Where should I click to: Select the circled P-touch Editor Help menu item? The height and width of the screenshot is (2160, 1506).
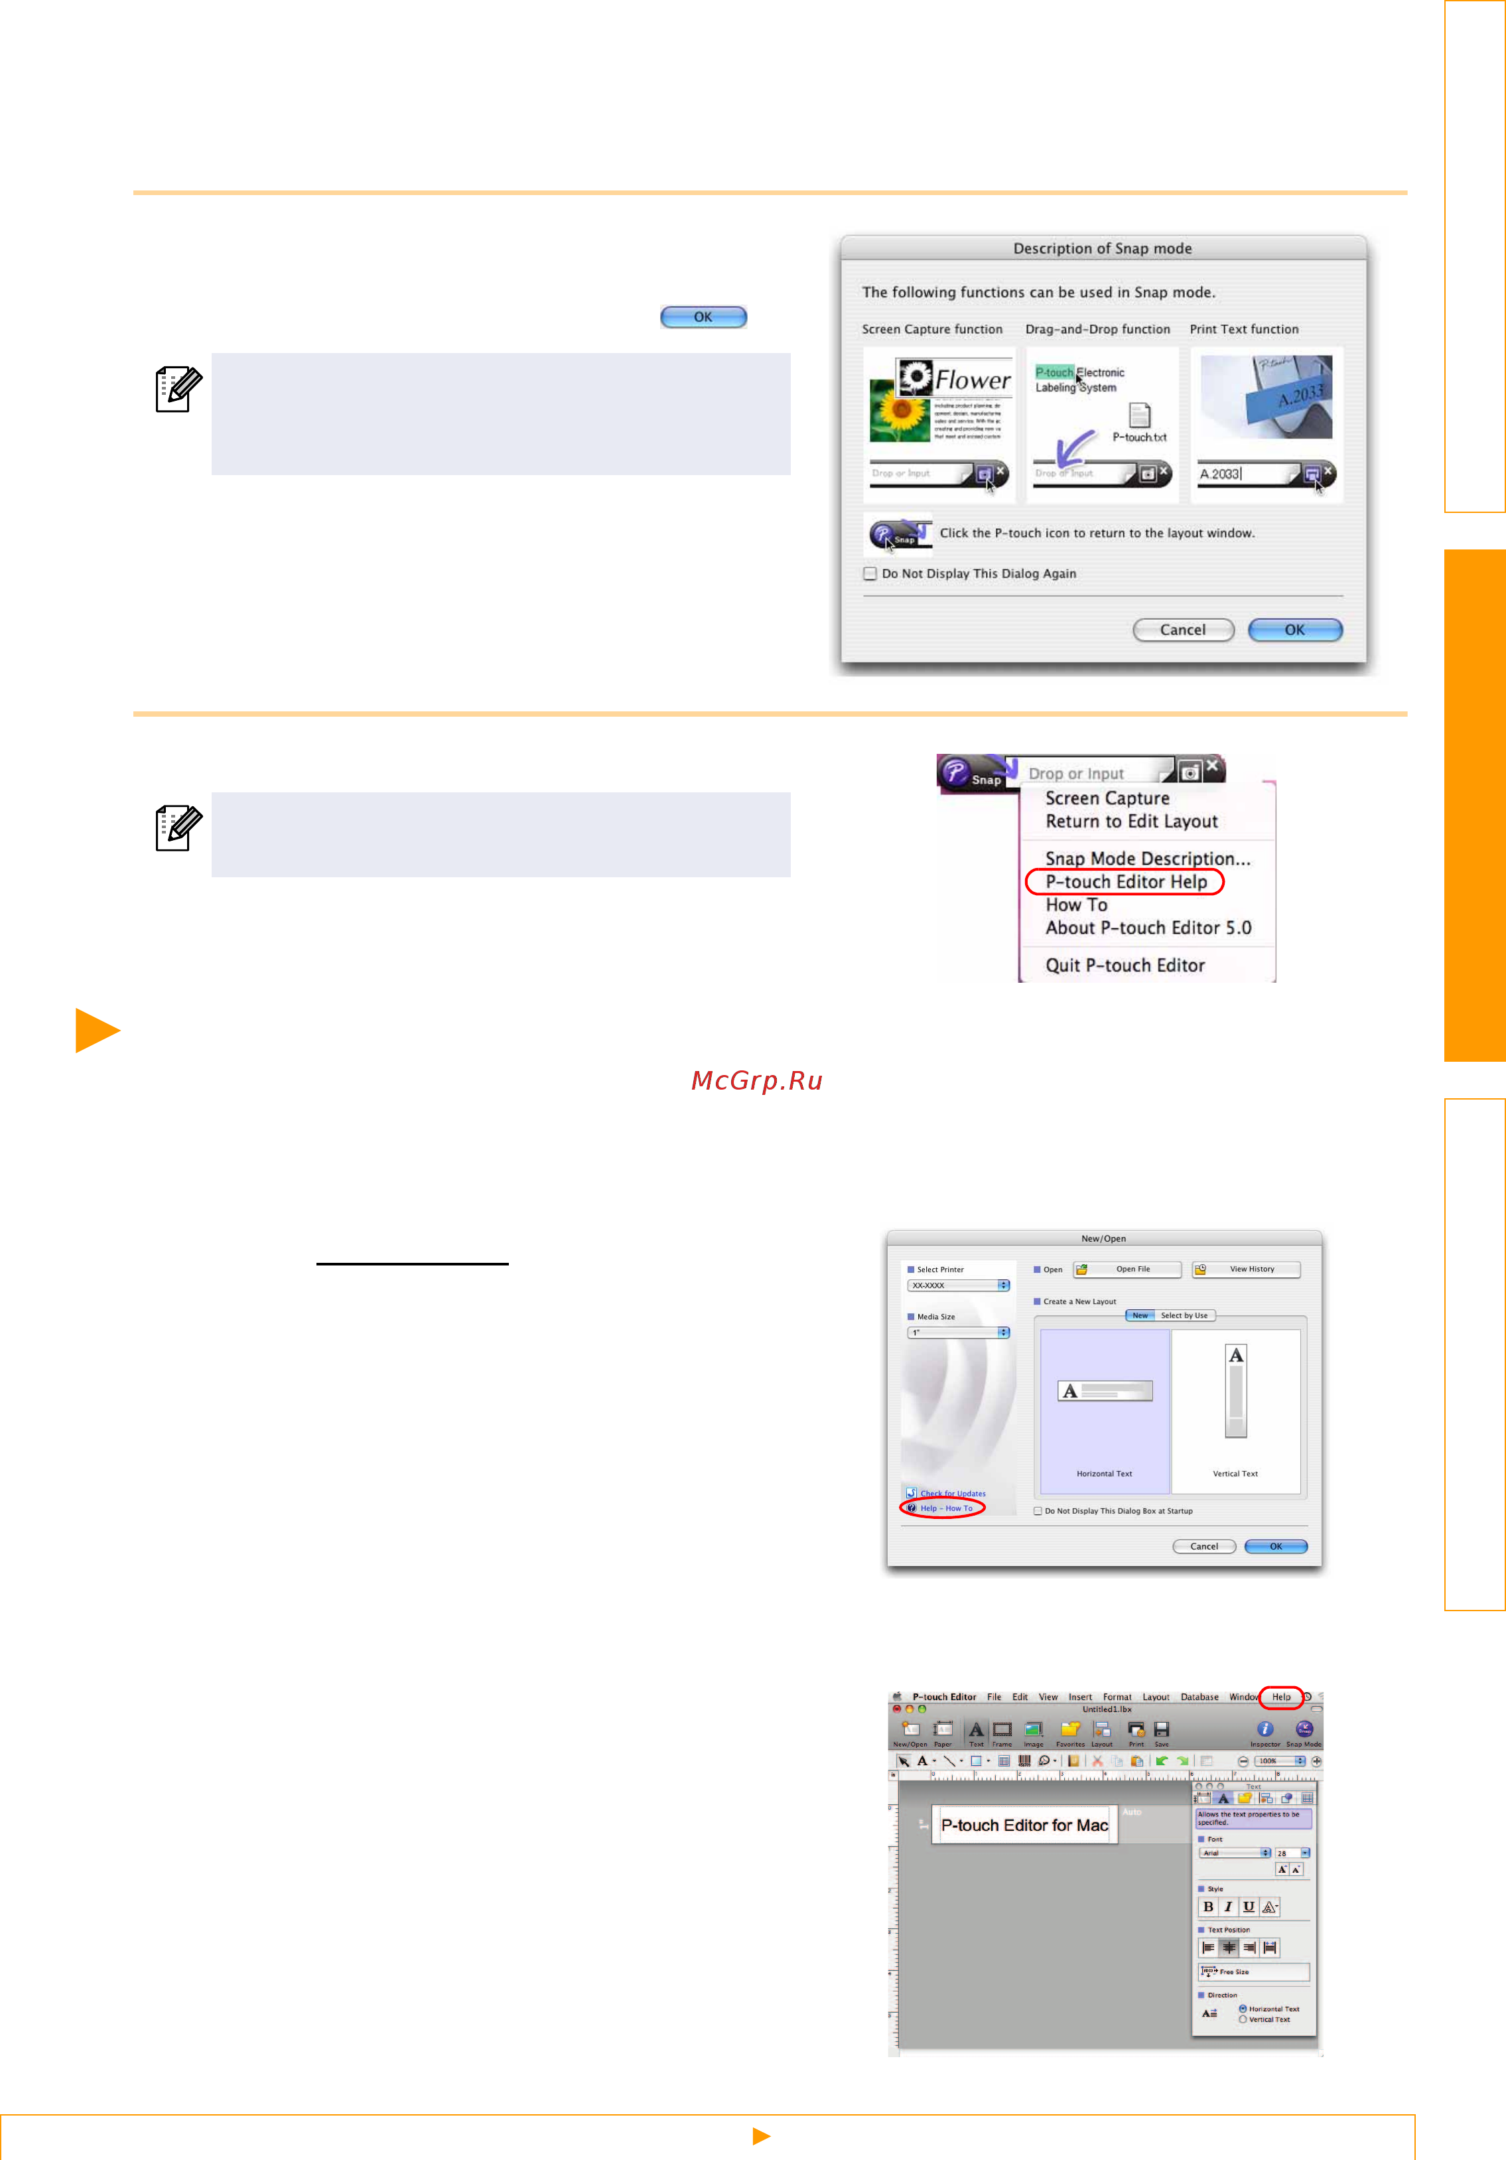coord(1125,881)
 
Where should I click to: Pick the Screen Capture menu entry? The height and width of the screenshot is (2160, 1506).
coord(1107,798)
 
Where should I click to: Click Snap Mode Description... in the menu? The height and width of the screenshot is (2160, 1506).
coord(1146,858)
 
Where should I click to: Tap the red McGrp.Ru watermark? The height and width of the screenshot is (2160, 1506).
coord(756,1081)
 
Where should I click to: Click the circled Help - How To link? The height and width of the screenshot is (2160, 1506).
coord(945,1508)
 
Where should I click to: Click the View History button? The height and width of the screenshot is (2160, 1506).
coord(1247,1269)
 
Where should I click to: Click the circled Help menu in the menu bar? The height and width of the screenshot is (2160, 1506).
coord(1281,1697)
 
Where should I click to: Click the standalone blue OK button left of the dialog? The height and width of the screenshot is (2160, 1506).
coord(703,317)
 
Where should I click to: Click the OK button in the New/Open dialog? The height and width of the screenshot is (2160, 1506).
coord(1276,1547)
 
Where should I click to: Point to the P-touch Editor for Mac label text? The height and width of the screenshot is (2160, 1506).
coord(1024,1825)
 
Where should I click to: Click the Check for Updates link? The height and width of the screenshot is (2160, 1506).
coord(952,1493)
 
